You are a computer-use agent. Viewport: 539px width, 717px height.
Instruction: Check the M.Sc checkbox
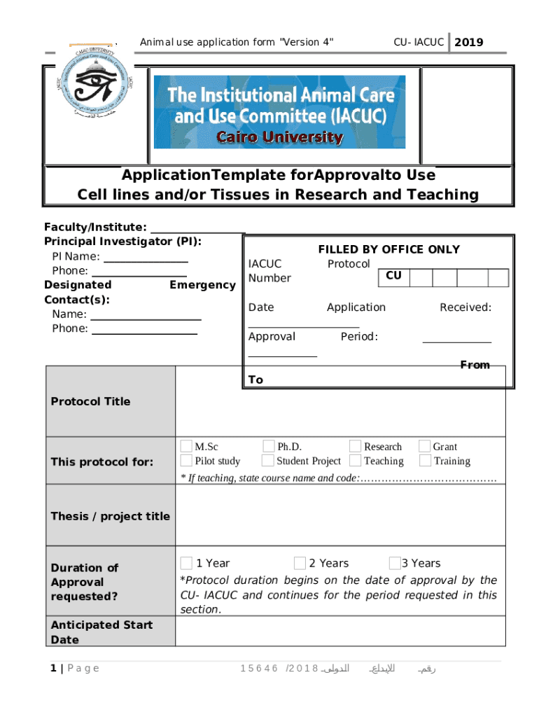click(x=186, y=446)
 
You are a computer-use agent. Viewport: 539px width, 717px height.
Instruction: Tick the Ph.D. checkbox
click(x=269, y=446)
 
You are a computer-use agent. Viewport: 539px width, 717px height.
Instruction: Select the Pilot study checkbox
click(x=186, y=460)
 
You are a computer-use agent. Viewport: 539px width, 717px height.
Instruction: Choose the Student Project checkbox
click(x=267, y=460)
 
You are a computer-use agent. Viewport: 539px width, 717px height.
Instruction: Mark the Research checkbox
click(x=356, y=446)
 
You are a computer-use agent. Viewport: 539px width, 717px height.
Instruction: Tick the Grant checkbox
click(x=424, y=446)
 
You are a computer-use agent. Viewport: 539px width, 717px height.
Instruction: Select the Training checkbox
click(x=424, y=460)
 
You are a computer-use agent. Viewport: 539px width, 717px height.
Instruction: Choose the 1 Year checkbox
click(x=186, y=563)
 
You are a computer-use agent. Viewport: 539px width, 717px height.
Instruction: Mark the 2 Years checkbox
click(x=300, y=563)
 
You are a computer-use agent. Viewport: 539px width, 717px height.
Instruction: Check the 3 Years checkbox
click(x=394, y=563)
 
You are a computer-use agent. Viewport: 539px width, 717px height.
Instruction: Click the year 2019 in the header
click(x=468, y=43)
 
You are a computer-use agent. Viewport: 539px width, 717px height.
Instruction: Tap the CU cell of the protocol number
click(x=393, y=276)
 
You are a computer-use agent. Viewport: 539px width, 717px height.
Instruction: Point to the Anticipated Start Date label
click(x=101, y=632)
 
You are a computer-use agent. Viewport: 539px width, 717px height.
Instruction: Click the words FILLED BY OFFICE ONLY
click(x=388, y=249)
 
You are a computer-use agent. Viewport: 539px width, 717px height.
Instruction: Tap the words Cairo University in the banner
click(x=280, y=137)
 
